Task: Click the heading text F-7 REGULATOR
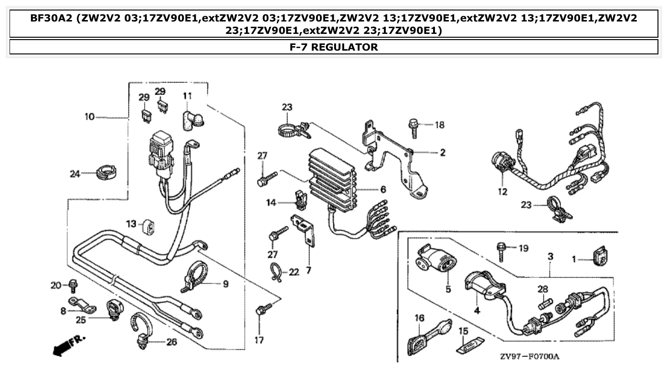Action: pyautogui.click(x=334, y=47)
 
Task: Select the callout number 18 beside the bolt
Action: pyautogui.click(x=439, y=125)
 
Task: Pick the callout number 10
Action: pyautogui.click(x=89, y=116)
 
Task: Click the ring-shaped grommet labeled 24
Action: pyautogui.click(x=106, y=172)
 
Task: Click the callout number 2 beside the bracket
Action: pyautogui.click(x=442, y=153)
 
